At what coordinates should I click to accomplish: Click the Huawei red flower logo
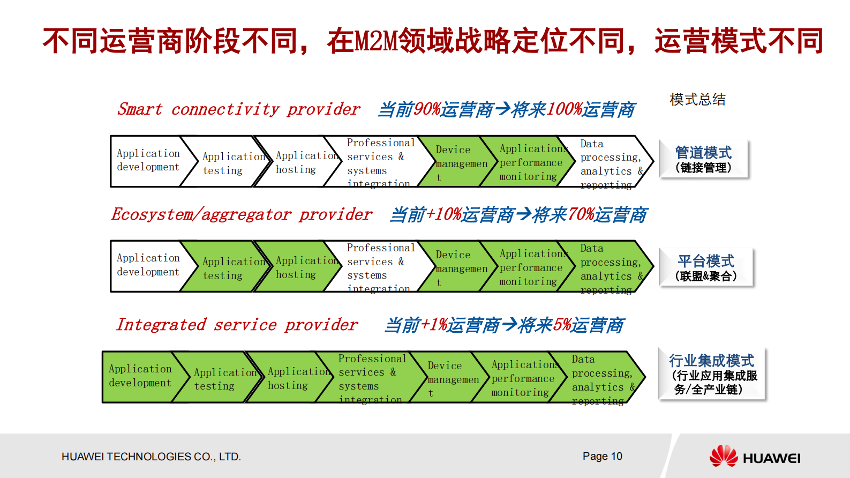coord(724,456)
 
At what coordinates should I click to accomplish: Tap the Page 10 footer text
coord(602,456)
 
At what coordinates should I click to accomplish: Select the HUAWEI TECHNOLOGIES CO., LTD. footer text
coord(151,457)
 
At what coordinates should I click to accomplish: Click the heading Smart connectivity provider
coord(238,109)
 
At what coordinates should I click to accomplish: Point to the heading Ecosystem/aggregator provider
coord(241,214)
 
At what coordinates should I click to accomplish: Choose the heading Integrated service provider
coord(237,325)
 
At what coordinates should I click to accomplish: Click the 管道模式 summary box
coord(703,159)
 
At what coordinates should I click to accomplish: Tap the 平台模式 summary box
coord(706,267)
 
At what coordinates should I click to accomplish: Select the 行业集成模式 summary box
coord(712,374)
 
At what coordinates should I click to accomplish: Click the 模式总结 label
coord(697,99)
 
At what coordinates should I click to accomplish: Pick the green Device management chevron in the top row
coord(453,162)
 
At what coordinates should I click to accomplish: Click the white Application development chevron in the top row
coord(147,161)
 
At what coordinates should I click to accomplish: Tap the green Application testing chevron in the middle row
coord(222,268)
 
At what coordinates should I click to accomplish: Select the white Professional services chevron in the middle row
coord(378,266)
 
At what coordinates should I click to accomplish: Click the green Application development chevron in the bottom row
coord(140,376)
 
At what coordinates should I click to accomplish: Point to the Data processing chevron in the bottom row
coord(597,378)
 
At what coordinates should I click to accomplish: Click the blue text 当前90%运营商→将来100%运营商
coord(506,110)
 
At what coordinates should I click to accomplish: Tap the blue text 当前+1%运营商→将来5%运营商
coord(504,325)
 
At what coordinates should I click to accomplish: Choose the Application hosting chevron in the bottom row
coord(288,378)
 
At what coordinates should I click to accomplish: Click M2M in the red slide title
coord(377,41)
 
